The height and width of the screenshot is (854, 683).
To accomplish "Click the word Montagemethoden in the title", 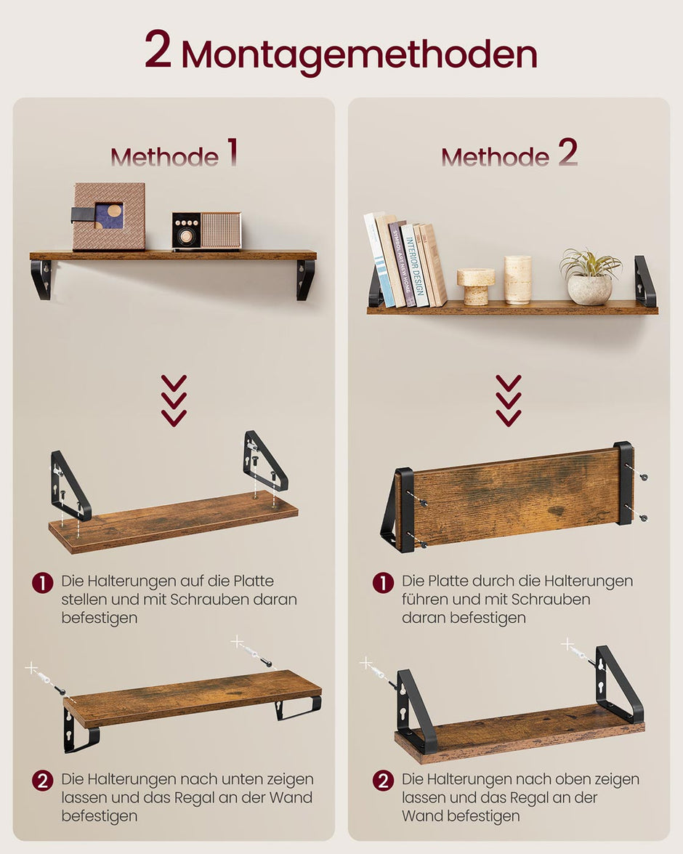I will (x=359, y=54).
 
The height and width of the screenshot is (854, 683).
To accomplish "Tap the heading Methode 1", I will (x=174, y=155).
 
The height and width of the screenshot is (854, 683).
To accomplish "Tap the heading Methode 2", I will (x=509, y=155).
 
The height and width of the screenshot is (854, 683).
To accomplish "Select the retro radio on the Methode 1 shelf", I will (x=206, y=231).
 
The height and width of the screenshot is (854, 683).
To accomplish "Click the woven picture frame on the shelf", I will (x=108, y=217).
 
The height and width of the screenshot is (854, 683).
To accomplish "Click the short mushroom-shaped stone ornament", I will (x=476, y=286).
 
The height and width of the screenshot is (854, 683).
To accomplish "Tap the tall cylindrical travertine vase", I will (x=518, y=280).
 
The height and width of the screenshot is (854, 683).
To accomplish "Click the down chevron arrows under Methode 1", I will (x=174, y=400).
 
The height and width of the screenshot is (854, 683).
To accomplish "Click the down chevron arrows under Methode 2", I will (x=509, y=400).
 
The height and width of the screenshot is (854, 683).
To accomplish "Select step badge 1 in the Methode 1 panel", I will (x=43, y=582).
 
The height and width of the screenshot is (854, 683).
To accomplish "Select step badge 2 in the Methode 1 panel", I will (x=43, y=781).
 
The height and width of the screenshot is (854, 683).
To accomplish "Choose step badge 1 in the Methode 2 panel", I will (x=383, y=582).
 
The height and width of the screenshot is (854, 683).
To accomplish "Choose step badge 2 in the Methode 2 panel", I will (x=383, y=781).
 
